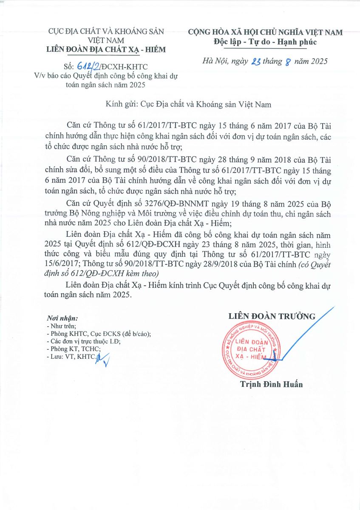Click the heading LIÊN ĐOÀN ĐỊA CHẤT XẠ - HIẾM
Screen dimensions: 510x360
click(x=106, y=50)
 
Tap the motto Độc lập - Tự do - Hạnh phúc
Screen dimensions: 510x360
click(x=266, y=42)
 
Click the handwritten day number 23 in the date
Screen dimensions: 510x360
click(x=256, y=62)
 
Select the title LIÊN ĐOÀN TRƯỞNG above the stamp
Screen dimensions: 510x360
click(x=272, y=316)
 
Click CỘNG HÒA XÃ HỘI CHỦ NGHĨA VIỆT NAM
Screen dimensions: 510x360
click(x=266, y=33)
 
